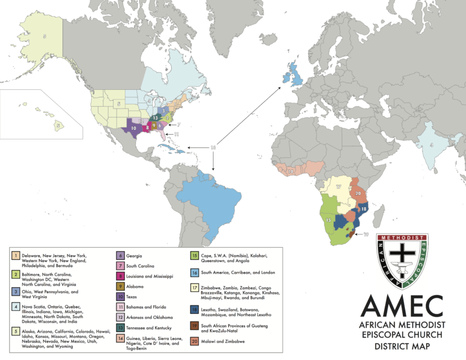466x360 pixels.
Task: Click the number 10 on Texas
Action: (133, 129)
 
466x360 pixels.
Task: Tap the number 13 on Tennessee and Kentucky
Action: (156, 118)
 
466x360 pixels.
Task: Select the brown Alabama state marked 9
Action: (154, 126)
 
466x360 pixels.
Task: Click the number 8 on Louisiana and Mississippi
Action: (147, 128)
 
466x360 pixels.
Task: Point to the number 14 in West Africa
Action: (291, 172)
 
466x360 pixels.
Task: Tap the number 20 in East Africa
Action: (358, 194)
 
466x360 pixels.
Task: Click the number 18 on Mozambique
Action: (363, 209)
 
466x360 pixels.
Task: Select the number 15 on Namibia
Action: (328, 219)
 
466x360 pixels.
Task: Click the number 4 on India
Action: (431, 144)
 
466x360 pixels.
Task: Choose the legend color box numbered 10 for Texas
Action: (121, 297)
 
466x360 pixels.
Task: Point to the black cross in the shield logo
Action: (397, 256)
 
